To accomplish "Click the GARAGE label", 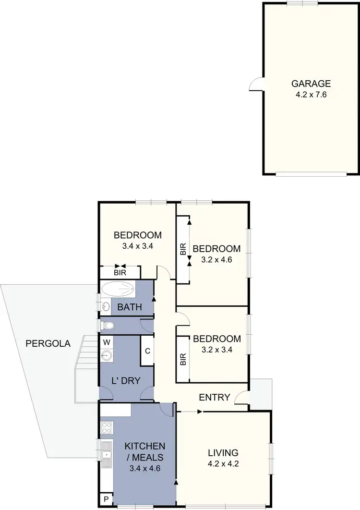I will pos(311,84).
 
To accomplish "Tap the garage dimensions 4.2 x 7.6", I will pos(311,95).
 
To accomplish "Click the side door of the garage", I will pos(256,85).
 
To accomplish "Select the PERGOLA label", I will pos(48,344).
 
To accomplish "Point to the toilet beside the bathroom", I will pos(108,326).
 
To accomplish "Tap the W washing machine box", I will pos(106,342).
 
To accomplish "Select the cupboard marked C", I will pos(147,351).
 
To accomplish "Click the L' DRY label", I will pos(127,381).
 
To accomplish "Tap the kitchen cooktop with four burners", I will pos(107,427).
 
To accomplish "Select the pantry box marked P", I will pos(106,498).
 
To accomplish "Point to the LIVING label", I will pos(223,452).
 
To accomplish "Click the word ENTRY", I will pos(215,397).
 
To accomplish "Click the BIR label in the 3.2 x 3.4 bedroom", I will pos(183,360).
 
